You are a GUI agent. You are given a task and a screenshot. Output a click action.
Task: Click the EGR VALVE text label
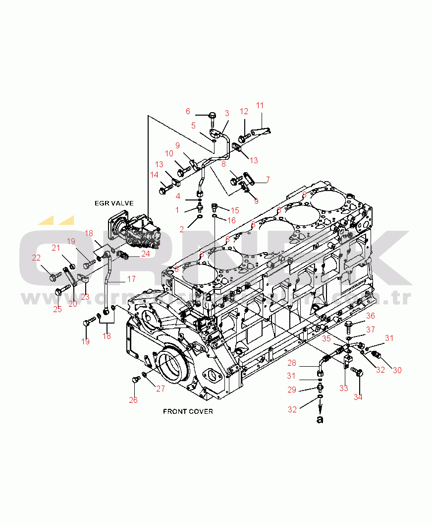pyautogui.click(x=114, y=203)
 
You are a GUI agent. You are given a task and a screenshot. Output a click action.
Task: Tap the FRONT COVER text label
pyautogui.click(x=188, y=411)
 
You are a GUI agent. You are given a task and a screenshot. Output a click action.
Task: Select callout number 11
pyautogui.click(x=260, y=105)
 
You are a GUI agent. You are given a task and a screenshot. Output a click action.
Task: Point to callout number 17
pyautogui.click(x=131, y=279)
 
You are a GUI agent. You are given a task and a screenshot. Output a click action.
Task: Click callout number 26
pyautogui.click(x=133, y=400)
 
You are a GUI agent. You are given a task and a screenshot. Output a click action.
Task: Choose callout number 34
pyautogui.click(x=358, y=396)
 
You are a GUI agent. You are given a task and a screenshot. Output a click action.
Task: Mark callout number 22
pyautogui.click(x=36, y=258)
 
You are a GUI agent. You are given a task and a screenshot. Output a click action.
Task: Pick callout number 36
pyautogui.click(x=371, y=316)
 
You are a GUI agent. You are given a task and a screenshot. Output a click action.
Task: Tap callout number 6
pyautogui.click(x=188, y=111)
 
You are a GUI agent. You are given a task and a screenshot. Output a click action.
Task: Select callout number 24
pyautogui.click(x=145, y=254)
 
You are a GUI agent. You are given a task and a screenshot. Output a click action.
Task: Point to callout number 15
pyautogui.click(x=234, y=210)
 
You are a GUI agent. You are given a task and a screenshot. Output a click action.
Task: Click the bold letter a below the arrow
pyautogui.click(x=320, y=419)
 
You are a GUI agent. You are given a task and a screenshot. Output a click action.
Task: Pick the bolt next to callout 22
pyautogui.click(x=53, y=274)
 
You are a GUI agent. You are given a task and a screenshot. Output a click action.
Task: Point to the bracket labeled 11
pyautogui.click(x=262, y=132)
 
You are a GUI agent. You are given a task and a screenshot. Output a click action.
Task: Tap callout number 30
pyautogui.click(x=397, y=370)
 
